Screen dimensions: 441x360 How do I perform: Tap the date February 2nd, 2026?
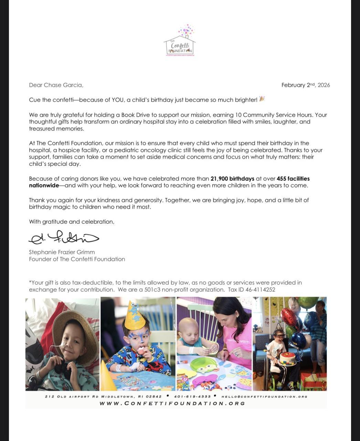pos(305,85)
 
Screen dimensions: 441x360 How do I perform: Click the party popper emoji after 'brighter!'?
pos(262,99)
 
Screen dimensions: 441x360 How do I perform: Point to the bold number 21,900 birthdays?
pos(232,178)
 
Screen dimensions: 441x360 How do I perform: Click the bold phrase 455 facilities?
pos(293,178)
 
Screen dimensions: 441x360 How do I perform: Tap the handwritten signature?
pos(64,237)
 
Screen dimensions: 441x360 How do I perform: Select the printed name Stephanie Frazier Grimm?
pos(62,252)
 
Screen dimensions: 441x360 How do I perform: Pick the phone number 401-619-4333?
pos(192,397)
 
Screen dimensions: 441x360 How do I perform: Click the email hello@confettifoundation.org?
pos(264,397)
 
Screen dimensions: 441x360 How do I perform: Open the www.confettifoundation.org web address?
pos(172,403)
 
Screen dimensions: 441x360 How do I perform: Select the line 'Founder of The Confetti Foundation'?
pos(77,259)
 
